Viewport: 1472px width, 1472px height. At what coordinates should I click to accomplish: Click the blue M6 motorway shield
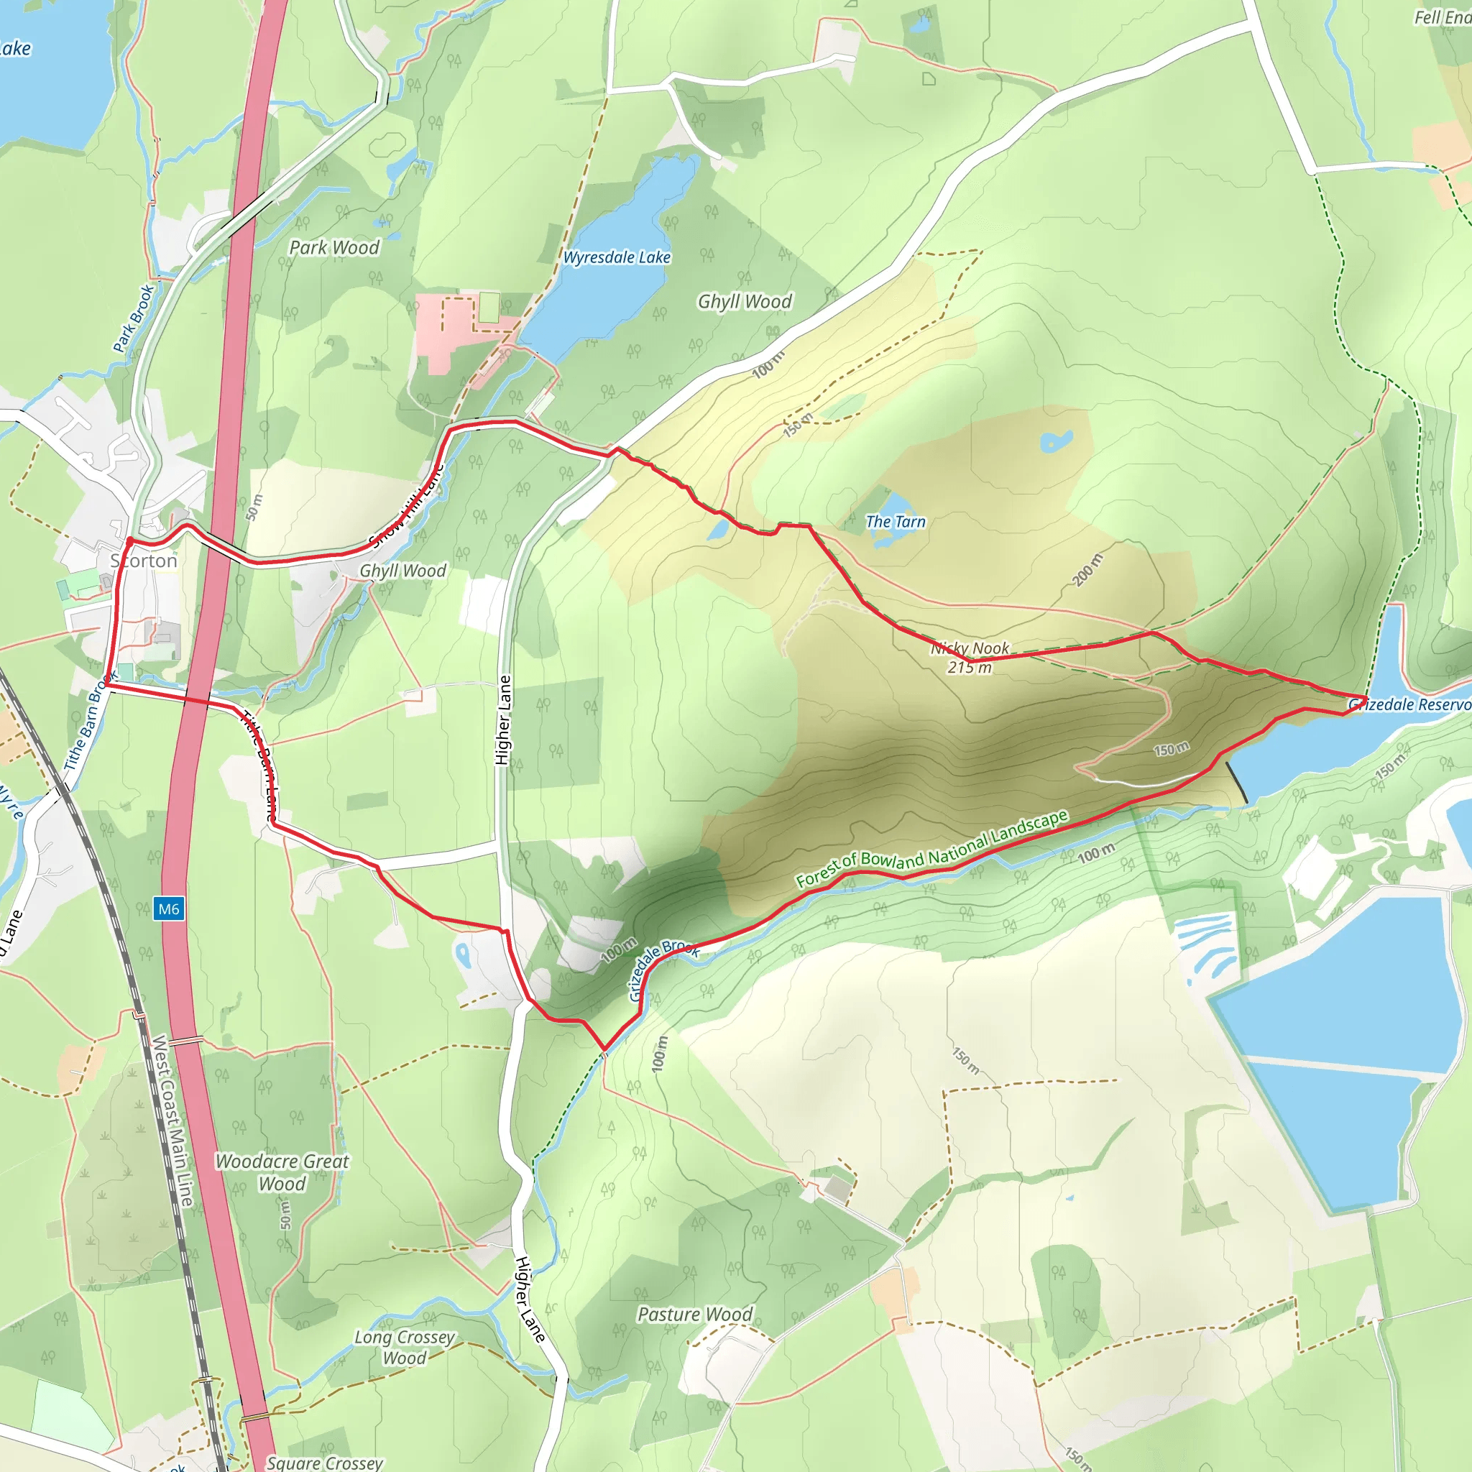tap(168, 909)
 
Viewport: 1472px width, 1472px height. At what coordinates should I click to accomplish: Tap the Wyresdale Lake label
tap(617, 257)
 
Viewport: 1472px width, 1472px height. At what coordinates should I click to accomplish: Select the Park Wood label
tap(333, 248)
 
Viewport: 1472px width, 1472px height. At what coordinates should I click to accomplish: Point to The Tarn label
tap(896, 522)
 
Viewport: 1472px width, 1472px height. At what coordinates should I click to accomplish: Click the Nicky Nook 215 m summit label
tap(970, 658)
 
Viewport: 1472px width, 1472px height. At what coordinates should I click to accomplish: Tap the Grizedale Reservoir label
tap(1409, 705)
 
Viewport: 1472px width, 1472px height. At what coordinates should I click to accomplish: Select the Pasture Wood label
tap(695, 1315)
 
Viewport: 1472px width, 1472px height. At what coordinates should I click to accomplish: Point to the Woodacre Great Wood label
tap(282, 1172)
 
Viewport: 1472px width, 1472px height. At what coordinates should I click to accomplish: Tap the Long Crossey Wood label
tap(405, 1347)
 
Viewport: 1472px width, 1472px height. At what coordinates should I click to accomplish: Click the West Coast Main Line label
tap(172, 1120)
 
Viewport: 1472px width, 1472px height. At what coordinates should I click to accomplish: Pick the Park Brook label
tap(134, 318)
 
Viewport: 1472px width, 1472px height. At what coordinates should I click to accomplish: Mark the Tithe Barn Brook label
tap(90, 721)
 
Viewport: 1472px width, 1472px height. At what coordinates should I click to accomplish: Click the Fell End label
tap(1443, 17)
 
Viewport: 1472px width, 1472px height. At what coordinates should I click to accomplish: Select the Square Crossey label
tap(325, 1462)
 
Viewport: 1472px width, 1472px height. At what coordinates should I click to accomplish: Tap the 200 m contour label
tap(1087, 571)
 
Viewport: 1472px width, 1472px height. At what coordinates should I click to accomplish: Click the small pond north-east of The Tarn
tap(1056, 441)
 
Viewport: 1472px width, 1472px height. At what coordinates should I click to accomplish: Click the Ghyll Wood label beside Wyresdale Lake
tap(745, 302)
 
